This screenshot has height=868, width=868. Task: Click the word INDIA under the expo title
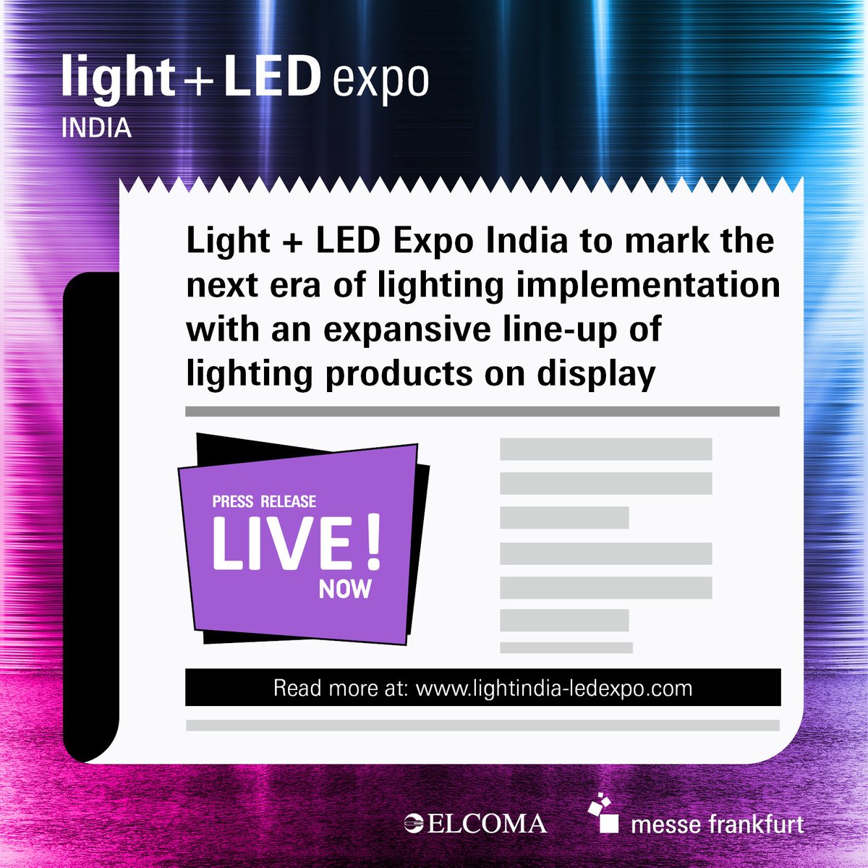pos(96,128)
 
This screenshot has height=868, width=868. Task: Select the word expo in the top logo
pos(380,82)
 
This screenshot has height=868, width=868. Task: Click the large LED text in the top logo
pos(271,76)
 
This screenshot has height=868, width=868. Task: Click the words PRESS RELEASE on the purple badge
pos(264,501)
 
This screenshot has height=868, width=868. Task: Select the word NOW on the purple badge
pos(345,589)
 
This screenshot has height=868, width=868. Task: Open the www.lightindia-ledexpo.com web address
pos(554,687)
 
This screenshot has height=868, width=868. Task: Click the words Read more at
pos(340,687)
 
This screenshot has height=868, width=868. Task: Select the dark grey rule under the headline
pos(482,412)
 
